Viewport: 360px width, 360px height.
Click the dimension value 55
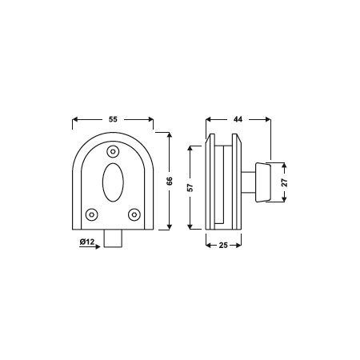click(x=113, y=119)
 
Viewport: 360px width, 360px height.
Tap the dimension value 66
click(x=170, y=181)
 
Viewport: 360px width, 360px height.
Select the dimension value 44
click(x=238, y=119)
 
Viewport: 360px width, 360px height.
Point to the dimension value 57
click(x=190, y=187)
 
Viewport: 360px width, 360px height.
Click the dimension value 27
click(x=285, y=182)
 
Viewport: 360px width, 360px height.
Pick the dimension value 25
click(x=223, y=245)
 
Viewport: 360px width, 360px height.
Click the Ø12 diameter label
click(x=87, y=242)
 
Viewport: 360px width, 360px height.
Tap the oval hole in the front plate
click(x=113, y=182)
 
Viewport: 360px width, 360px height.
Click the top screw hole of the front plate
click(x=113, y=152)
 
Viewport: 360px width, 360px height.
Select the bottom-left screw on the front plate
click(x=92, y=214)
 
